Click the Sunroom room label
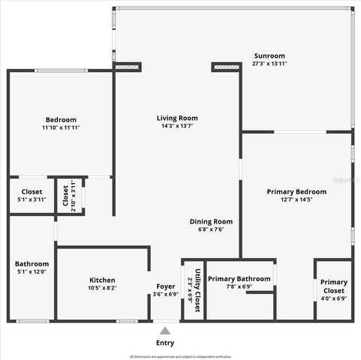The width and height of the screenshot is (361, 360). (269, 56)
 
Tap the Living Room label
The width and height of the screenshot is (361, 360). (177, 118)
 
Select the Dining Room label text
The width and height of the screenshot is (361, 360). (211, 221)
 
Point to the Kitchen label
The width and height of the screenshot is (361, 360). (102, 279)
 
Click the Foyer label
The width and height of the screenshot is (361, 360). (165, 286)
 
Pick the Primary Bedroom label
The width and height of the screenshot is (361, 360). (296, 192)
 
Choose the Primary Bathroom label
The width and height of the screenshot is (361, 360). (239, 279)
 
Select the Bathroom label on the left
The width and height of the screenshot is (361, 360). (32, 264)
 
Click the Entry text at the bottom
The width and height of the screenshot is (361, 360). (165, 343)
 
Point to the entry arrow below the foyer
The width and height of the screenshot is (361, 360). (165, 329)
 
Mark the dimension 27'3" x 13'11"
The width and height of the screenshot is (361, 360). (269, 64)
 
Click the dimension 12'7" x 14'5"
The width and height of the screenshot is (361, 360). (296, 199)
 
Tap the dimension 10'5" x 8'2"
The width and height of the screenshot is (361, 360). (102, 287)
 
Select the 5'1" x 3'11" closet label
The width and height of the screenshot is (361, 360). (32, 199)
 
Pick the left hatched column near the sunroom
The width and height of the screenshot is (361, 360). (128, 67)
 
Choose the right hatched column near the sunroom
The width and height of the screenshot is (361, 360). (226, 67)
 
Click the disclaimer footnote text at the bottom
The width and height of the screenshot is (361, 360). (180, 356)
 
